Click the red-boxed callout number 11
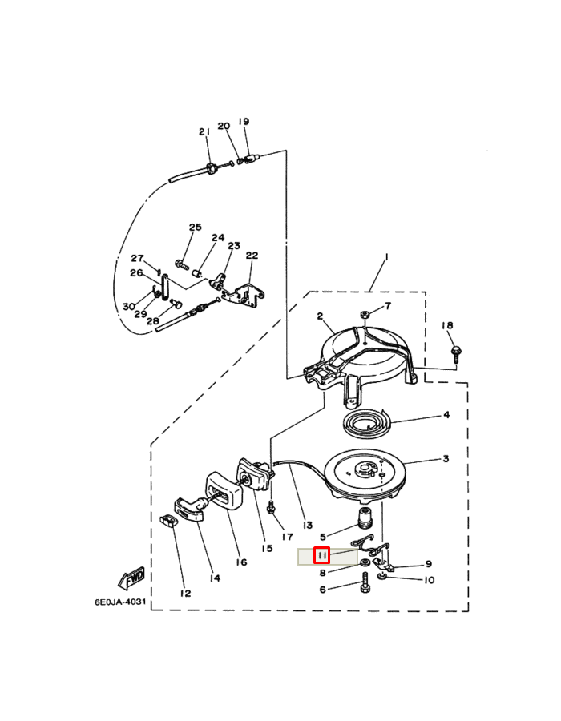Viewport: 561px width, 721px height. pyautogui.click(x=322, y=555)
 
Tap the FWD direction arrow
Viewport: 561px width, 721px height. pyautogui.click(x=132, y=578)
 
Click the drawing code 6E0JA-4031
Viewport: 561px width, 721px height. pyautogui.click(x=120, y=602)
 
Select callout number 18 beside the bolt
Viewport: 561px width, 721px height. pyautogui.click(x=447, y=325)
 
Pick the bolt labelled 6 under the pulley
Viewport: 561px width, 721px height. pyautogui.click(x=365, y=582)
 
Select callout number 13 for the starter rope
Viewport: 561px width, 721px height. pyautogui.click(x=308, y=525)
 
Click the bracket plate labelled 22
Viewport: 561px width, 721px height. pyautogui.click(x=244, y=294)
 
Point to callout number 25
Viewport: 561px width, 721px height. pyautogui.click(x=196, y=228)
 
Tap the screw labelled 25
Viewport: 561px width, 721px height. pyautogui.click(x=182, y=264)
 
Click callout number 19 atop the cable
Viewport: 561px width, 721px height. pyautogui.click(x=244, y=122)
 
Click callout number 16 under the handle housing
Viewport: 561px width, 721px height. pyautogui.click(x=241, y=562)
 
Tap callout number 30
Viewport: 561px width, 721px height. pyautogui.click(x=129, y=307)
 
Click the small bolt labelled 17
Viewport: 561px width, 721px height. pyautogui.click(x=272, y=508)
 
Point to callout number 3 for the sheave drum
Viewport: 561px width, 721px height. pyautogui.click(x=446, y=458)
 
